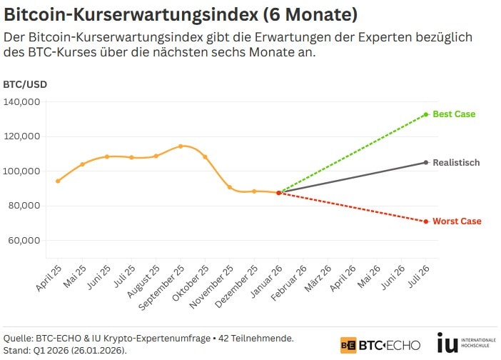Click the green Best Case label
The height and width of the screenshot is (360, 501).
pos(454,114)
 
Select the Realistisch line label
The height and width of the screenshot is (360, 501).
pos(456,163)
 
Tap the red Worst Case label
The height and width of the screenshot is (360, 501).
pos(457,221)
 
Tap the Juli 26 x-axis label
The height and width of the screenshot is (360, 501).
pos(417,280)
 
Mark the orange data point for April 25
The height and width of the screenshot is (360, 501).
pos(58,181)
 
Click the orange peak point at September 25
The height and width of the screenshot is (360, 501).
pos(181,146)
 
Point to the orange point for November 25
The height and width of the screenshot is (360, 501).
pos(229,187)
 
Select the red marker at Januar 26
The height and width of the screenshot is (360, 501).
pos(278,193)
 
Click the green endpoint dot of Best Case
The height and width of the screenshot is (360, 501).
pos(426,114)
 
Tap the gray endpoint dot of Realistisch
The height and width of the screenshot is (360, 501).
pos(426,163)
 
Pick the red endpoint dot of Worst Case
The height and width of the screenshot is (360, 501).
pos(426,221)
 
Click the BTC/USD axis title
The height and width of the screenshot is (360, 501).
pos(22,84)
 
